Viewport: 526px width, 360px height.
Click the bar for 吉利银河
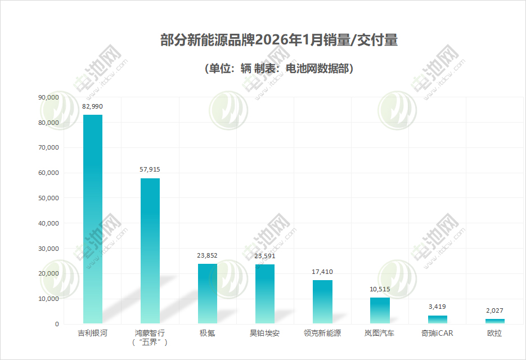coord(93,219)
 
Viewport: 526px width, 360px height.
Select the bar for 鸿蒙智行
coord(150,251)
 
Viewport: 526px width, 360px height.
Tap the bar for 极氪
coord(207,294)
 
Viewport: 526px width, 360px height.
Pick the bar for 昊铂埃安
coord(265,294)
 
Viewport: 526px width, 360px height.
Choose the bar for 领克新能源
coord(322,302)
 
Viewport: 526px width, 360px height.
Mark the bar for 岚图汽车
coord(380,310)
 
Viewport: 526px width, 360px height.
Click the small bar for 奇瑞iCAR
coord(437,319)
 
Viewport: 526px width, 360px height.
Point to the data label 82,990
coord(93,106)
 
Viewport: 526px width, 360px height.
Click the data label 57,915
coord(150,169)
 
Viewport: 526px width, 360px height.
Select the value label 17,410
coord(322,272)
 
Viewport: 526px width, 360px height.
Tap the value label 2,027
coord(494,310)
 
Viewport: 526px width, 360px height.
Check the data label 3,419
coord(437,307)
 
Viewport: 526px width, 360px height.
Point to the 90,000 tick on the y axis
coord(48,97)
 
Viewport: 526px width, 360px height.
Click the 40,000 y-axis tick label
coord(48,223)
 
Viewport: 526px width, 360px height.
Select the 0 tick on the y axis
coord(56,324)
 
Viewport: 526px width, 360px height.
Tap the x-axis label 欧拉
coord(494,333)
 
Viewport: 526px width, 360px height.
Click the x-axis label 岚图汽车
coord(380,333)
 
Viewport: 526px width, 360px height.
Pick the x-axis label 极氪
coord(207,333)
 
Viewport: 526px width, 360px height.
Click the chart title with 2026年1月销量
coord(279,40)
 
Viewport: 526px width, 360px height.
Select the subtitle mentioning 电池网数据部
coord(279,69)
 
